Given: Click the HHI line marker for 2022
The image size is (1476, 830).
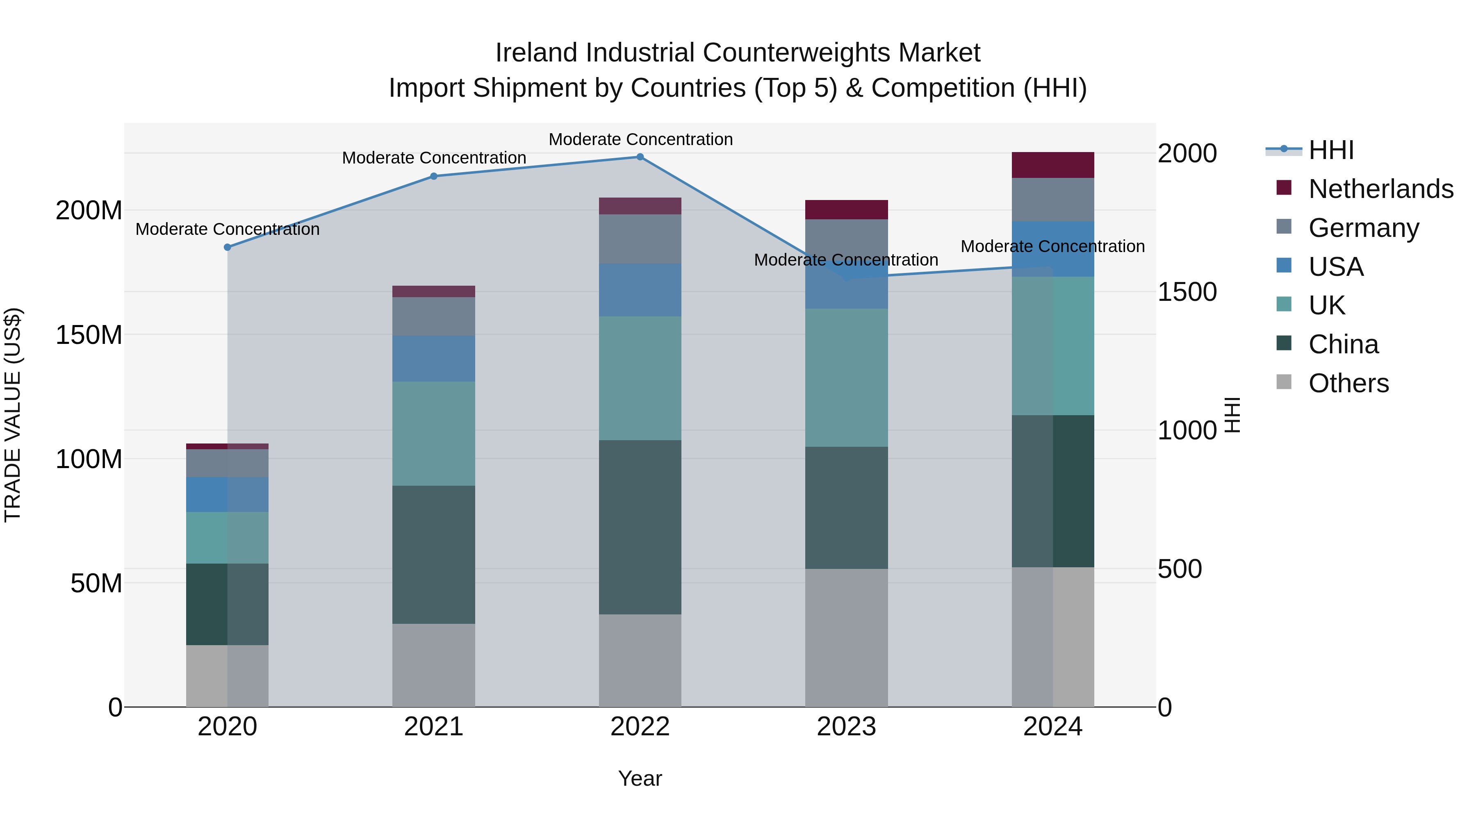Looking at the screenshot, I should [640, 157].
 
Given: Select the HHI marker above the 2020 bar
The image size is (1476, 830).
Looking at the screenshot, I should [228, 248].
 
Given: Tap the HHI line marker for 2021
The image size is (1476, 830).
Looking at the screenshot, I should [434, 176].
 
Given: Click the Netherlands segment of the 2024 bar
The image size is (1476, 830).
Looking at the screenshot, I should [1052, 165].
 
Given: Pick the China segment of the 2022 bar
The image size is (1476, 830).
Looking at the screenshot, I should [640, 527].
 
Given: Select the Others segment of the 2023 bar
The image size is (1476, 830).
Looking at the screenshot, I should [846, 637].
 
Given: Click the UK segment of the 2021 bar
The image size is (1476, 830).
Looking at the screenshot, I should [434, 434].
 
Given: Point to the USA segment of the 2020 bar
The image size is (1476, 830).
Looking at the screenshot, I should [228, 494].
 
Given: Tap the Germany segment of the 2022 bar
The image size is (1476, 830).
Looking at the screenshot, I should [640, 239].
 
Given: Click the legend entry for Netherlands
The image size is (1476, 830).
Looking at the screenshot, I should [1380, 189].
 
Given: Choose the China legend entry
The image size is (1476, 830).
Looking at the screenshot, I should [1343, 344].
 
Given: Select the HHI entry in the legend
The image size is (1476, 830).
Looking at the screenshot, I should [1331, 150].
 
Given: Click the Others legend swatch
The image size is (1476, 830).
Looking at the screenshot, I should [1284, 382].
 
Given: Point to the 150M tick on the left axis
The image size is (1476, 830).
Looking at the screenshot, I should [89, 334].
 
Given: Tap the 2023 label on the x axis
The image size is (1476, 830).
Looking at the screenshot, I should [846, 727].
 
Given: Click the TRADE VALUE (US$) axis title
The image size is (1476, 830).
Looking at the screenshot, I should [13, 415].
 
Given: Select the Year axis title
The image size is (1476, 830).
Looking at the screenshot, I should [640, 778].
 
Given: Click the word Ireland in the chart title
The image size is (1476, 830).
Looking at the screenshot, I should [536, 53].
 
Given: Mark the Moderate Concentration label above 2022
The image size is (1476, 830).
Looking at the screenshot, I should [640, 139].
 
